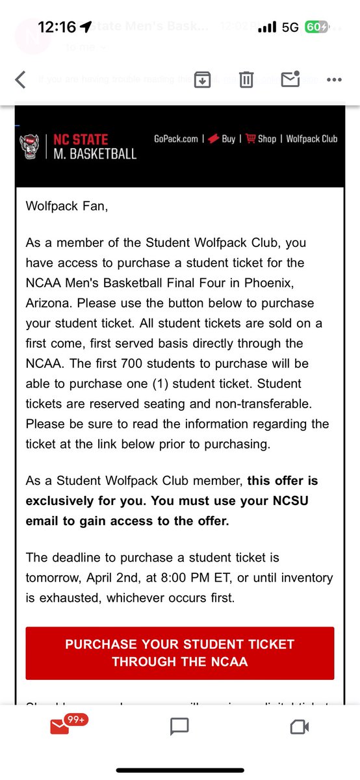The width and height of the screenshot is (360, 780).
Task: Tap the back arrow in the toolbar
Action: pyautogui.click(x=20, y=80)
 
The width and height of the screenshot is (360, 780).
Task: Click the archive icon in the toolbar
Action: pyautogui.click(x=202, y=80)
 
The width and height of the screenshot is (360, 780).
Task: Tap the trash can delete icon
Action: pyautogui.click(x=246, y=80)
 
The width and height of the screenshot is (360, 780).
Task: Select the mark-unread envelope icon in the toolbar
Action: pyautogui.click(x=290, y=79)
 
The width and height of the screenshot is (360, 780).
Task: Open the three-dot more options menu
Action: pyautogui.click(x=334, y=80)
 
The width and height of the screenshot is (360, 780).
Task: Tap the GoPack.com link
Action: pyautogui.click(x=175, y=138)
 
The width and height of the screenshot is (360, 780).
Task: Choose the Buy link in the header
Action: pyautogui.click(x=222, y=138)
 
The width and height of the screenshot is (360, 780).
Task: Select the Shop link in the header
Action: pyautogui.click(x=261, y=138)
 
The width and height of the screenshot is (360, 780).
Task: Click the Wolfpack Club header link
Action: pyautogui.click(x=312, y=138)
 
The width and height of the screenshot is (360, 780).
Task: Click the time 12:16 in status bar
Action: pyautogui.click(x=57, y=27)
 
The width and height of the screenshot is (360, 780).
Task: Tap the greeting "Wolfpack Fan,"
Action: pyautogui.click(x=63, y=207)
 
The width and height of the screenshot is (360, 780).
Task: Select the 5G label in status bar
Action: pyautogui.click(x=290, y=27)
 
